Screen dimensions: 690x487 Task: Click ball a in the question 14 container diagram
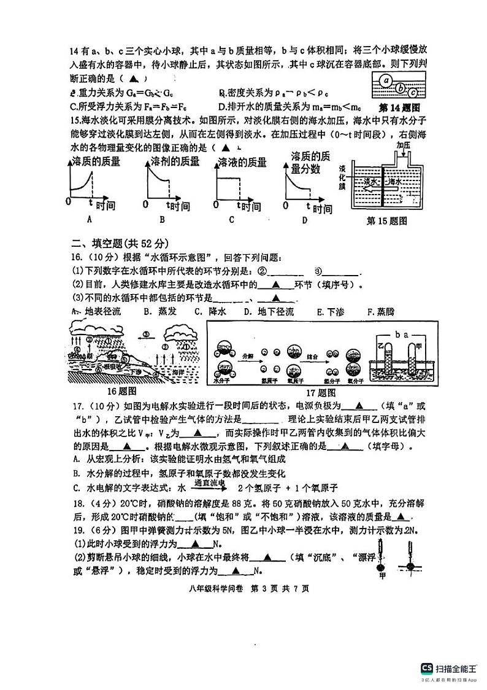click(x=385, y=80)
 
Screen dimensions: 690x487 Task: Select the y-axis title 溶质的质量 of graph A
click(x=96, y=162)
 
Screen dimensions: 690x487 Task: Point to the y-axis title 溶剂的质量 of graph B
click(x=175, y=161)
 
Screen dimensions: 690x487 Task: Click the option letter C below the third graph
click(x=231, y=220)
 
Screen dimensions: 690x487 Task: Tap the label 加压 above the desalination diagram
click(x=403, y=145)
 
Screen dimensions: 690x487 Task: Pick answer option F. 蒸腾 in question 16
click(x=380, y=311)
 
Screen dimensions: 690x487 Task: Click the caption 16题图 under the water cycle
click(x=121, y=391)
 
